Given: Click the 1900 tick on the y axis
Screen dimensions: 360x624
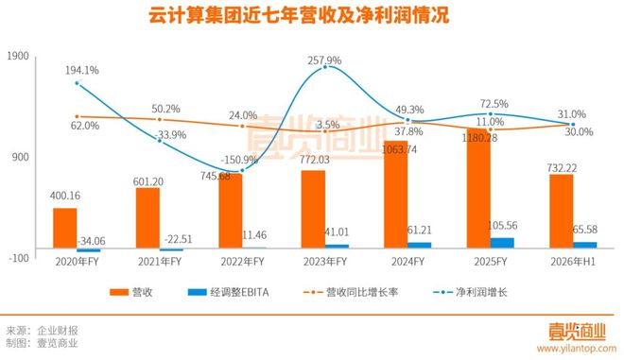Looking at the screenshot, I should (x=18, y=57).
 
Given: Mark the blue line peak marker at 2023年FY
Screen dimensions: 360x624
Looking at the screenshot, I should (x=325, y=67).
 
